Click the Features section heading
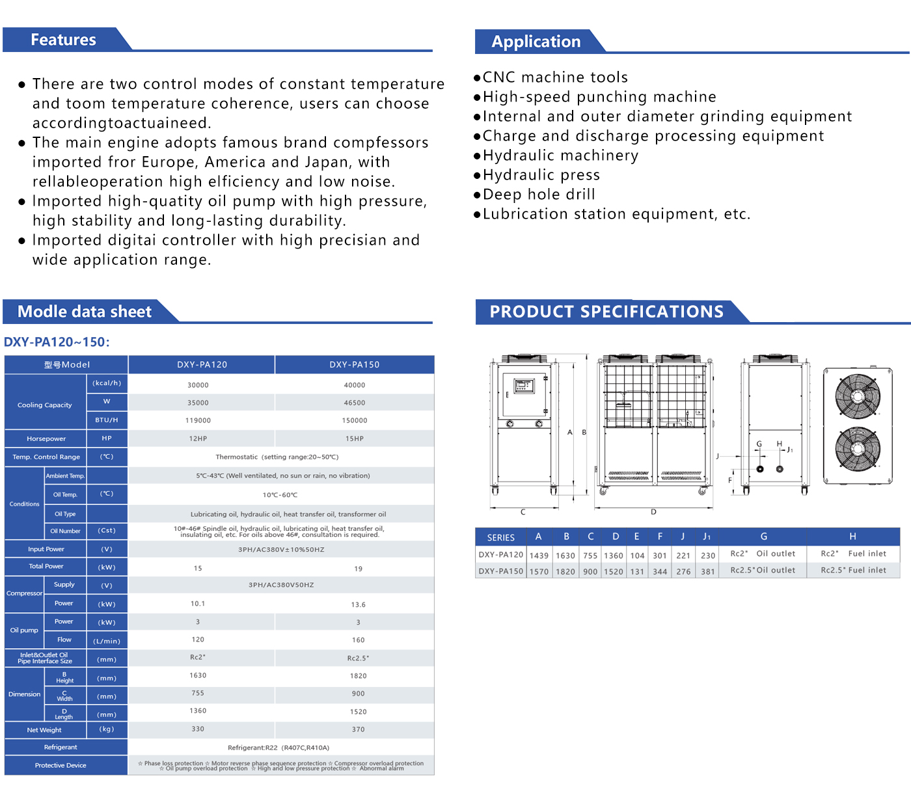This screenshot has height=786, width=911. point(63,40)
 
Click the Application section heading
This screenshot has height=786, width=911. point(536,42)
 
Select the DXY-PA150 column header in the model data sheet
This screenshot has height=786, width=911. point(354,365)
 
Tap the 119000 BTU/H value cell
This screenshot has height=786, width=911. point(198,420)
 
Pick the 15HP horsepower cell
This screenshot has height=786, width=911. point(354,439)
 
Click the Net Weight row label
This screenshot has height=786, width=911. point(44,730)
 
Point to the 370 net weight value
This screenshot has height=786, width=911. point(358,729)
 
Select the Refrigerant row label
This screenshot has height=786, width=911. point(61,748)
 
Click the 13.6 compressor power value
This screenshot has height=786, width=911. point(358,604)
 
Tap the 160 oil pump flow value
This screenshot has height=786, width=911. point(358,640)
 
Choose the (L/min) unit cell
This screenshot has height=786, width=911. point(107,641)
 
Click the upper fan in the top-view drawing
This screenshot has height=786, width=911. point(858,396)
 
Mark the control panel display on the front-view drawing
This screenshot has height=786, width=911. point(524,386)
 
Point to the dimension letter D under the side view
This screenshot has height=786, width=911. point(653,512)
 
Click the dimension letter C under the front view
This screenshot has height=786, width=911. point(523,512)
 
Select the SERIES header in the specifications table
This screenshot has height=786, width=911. point(500,537)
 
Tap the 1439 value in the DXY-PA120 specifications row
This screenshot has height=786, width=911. point(539,556)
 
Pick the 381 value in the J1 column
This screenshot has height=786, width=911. point(708,572)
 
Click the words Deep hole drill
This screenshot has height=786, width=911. point(539,195)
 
